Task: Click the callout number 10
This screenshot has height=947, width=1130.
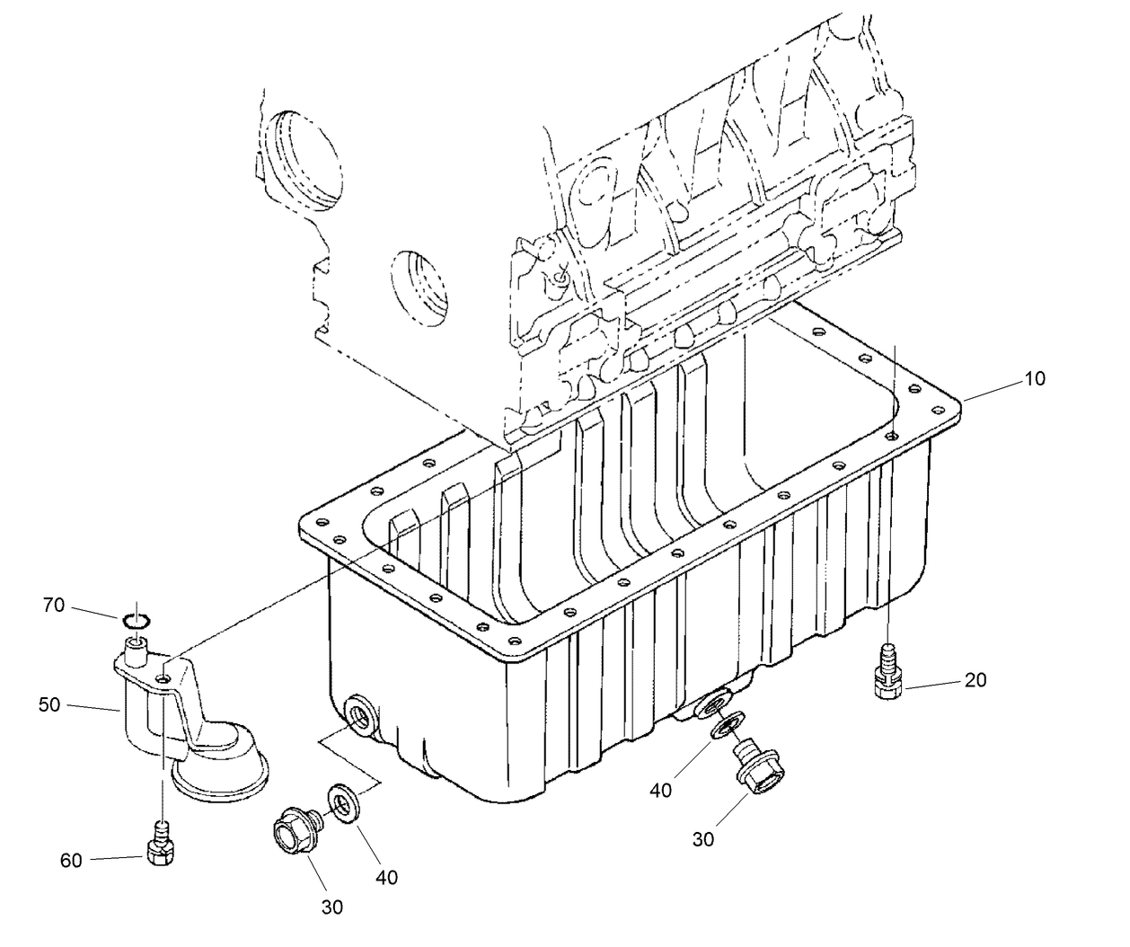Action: [1035, 379]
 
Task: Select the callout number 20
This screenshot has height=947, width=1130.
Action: [975, 680]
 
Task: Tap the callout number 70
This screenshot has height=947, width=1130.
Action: [54, 606]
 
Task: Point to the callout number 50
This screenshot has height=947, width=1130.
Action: [49, 704]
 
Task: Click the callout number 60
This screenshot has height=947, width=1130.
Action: [71, 861]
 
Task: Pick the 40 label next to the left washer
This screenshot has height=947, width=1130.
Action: [386, 876]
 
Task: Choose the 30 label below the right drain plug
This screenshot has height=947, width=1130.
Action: [702, 838]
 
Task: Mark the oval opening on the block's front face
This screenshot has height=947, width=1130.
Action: [419, 287]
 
